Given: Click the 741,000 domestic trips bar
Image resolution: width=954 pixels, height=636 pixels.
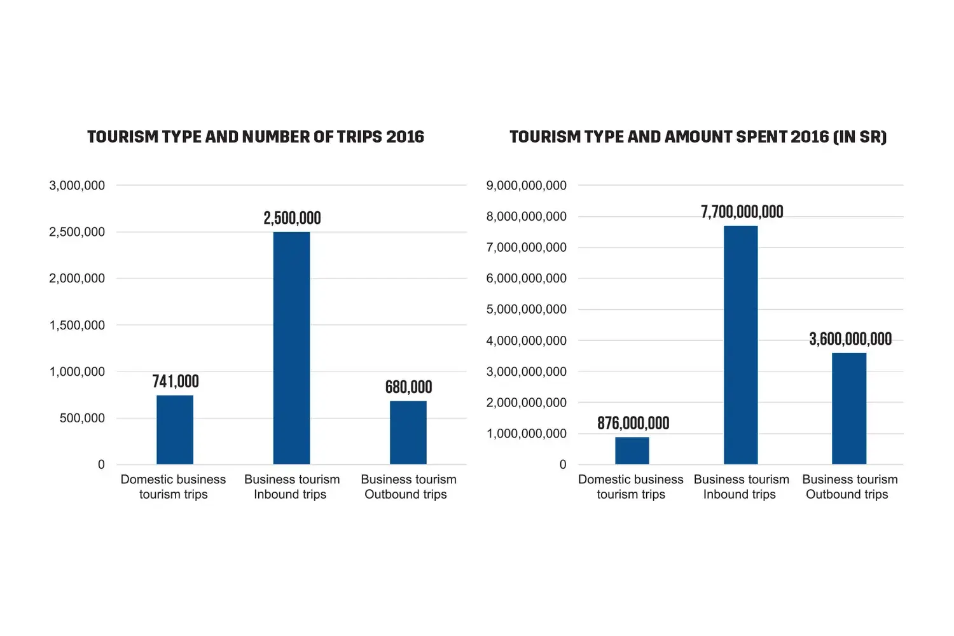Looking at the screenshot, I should point(175,430).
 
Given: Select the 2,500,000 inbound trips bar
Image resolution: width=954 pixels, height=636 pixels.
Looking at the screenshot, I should point(291,348).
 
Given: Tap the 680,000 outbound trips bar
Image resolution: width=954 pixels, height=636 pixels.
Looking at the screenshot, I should point(408,432).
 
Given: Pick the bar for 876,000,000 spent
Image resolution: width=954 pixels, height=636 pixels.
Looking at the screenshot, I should point(632,450).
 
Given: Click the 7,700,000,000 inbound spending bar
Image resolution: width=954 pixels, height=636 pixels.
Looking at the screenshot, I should point(741,345).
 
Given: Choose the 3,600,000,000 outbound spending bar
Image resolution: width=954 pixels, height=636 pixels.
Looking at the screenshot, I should point(849,408).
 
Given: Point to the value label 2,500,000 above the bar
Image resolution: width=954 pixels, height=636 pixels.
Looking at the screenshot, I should point(292,218).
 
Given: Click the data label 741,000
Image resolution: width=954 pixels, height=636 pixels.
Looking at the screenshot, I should point(176,382).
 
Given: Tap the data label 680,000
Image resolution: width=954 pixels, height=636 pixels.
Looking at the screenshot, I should point(408,387).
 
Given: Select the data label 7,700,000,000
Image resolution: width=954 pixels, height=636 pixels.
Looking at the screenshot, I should point(742,212).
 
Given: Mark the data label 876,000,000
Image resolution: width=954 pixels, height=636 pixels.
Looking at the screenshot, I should point(633,424).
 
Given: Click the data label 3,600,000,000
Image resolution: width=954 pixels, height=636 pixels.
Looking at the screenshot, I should point(850,339).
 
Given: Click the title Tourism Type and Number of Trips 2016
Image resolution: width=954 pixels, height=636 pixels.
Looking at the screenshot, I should point(256,137).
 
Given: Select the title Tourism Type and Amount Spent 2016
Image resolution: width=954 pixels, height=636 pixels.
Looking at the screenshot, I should point(698,137).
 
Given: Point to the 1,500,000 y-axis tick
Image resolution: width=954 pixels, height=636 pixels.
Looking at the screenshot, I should point(77,325).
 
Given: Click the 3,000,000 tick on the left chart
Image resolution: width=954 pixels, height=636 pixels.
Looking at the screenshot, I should point(77,186).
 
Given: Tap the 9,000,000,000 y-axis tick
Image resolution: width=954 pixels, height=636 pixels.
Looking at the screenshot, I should point(526,186).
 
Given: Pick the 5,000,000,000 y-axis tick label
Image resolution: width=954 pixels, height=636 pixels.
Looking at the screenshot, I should point(526,310).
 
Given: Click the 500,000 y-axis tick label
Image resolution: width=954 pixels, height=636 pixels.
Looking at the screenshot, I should point(82,418).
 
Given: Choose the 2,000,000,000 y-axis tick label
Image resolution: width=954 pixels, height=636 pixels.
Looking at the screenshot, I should point(526,403).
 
